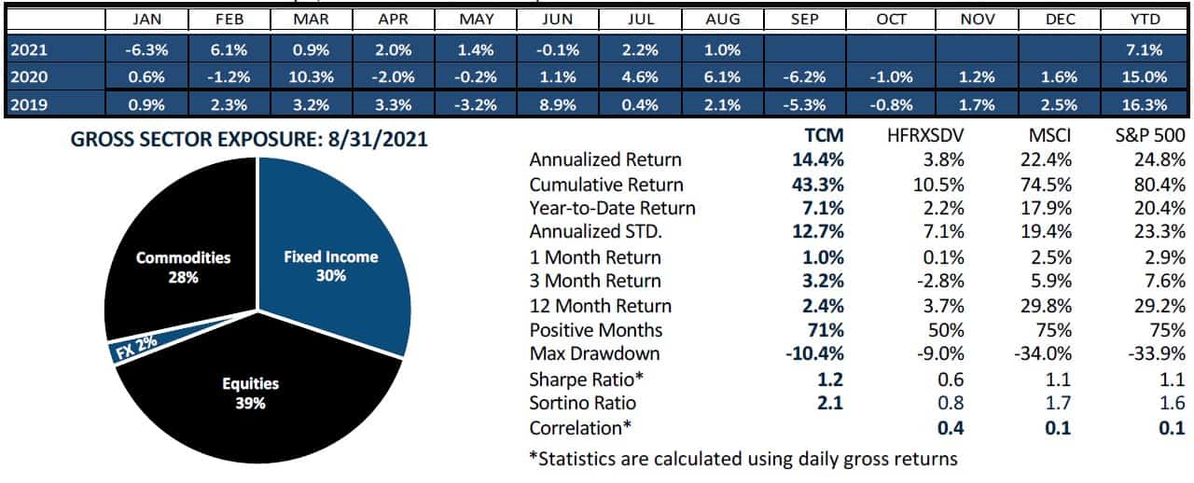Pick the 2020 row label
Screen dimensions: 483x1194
(25, 77)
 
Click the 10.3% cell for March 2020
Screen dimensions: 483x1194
(311, 77)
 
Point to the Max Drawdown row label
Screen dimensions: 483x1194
(594, 354)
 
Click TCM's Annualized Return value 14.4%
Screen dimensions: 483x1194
(822, 160)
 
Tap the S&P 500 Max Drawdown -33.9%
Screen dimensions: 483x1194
(1156, 354)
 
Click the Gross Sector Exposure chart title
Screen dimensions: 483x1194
(249, 141)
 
